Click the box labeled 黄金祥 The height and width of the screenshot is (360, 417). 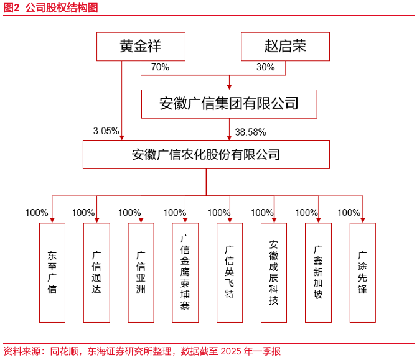(141, 47)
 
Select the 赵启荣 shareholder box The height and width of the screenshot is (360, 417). (285, 47)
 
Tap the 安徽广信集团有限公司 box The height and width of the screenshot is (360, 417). (229, 104)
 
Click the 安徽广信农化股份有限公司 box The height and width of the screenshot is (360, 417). (206, 154)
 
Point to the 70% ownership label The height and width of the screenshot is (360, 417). (160, 67)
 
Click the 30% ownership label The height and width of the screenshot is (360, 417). (265, 67)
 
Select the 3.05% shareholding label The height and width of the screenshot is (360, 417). (106, 131)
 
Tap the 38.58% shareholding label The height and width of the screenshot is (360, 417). (251, 132)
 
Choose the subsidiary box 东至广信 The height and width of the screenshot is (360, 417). (52, 272)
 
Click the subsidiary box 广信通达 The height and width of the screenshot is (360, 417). (96, 272)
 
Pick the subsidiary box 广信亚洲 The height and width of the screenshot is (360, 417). (141, 272)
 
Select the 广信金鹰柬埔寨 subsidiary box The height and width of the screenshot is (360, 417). (185, 272)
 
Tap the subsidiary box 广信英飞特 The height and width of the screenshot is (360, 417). (230, 272)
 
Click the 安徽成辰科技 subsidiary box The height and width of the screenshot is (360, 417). (274, 272)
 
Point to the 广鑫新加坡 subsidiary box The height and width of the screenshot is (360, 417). (318, 272)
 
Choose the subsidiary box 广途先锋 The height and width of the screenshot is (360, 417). (363, 272)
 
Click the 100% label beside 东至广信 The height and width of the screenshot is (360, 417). (37, 213)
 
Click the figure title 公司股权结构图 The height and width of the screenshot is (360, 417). (62, 7)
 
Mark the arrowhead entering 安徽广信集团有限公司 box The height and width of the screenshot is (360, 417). (229, 87)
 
